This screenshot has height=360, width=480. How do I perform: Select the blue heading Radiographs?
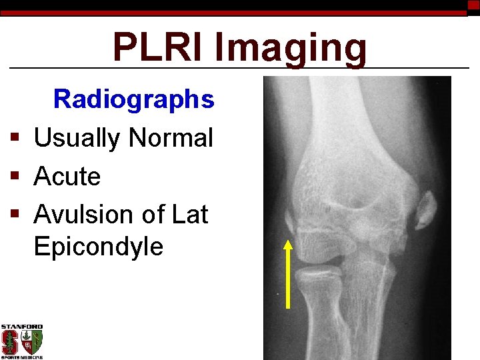point(133,99)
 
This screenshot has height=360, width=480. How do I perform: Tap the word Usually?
point(77,138)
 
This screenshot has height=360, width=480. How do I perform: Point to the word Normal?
point(171,138)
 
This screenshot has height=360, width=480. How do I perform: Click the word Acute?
point(67,177)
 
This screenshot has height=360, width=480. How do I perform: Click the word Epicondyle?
point(98,247)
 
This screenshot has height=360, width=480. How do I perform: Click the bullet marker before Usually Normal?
point(14,139)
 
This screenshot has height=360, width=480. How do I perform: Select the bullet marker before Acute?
point(14,177)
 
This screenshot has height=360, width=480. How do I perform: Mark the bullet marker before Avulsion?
point(14,215)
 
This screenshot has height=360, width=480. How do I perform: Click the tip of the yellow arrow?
point(289,241)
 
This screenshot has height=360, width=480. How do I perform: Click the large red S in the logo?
point(9,343)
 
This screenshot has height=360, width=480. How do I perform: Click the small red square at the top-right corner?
point(473,5)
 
